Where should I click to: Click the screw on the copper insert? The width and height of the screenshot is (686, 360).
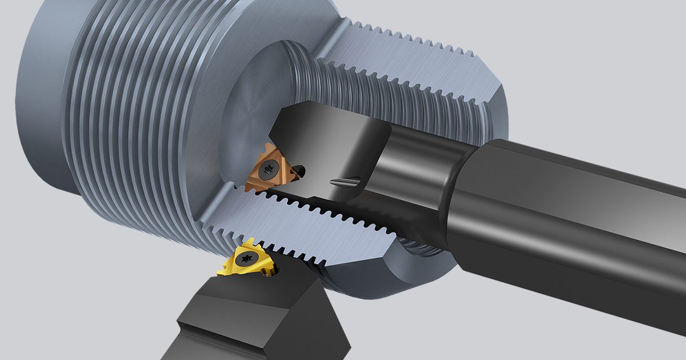[267, 170]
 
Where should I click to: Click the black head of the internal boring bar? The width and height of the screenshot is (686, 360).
[337, 143]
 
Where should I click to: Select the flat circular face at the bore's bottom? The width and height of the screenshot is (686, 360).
[252, 103]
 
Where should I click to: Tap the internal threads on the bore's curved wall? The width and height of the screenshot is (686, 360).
[366, 97]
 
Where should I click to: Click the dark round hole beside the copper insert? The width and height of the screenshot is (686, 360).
[300, 170]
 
